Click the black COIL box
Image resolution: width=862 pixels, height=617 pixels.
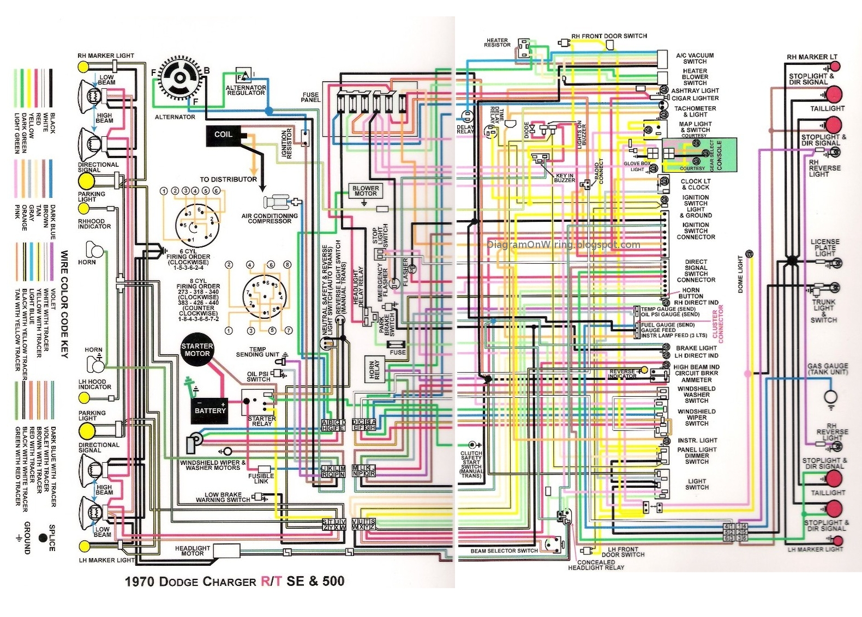click(x=224, y=135)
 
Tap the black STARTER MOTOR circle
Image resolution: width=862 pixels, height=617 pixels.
click(x=197, y=350)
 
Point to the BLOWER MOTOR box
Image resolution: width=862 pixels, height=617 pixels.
click(x=366, y=191)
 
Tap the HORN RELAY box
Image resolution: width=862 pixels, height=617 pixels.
click(x=374, y=370)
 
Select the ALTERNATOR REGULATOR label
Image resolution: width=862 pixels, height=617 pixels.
click(x=246, y=90)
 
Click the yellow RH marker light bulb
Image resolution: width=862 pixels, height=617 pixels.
click(x=83, y=66)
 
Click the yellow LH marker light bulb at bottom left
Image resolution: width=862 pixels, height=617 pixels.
click(x=84, y=546)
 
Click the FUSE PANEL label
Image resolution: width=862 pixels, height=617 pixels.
click(x=310, y=98)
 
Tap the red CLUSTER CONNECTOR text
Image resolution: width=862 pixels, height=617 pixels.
click(x=718, y=324)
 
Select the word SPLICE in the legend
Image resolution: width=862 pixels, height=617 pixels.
click(x=52, y=538)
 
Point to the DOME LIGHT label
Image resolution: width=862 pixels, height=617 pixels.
click(x=740, y=274)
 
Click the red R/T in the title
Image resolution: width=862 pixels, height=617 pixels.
click(x=271, y=582)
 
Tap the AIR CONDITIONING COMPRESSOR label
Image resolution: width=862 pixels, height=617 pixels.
click(x=270, y=219)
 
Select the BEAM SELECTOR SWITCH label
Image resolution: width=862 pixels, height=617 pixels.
click(x=504, y=551)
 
